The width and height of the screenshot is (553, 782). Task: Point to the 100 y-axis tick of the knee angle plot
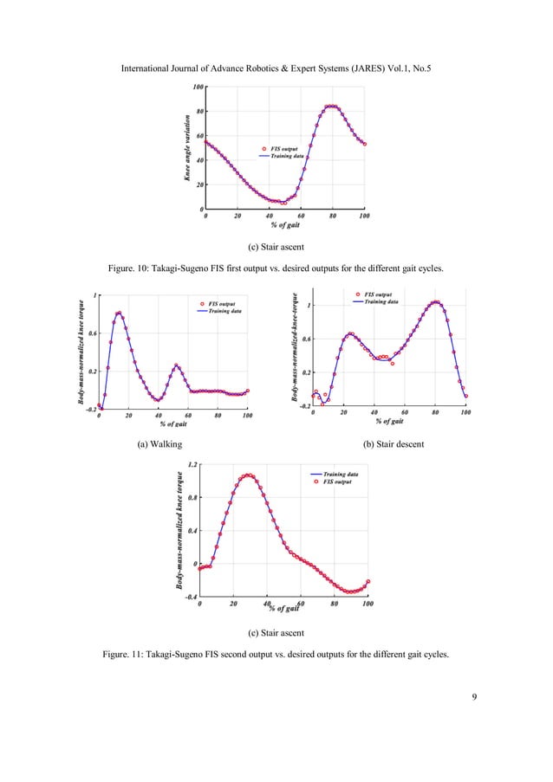coord(198,87)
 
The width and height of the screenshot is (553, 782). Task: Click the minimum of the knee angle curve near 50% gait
coord(283,203)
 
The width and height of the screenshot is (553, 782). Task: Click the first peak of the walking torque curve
coord(118,313)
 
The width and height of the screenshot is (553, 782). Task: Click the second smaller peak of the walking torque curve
coord(176,365)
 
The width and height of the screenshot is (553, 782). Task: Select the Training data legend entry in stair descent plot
coord(381,302)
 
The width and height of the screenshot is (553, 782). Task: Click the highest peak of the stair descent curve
coord(436,302)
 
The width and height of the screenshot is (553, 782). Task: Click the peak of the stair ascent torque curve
coord(249,475)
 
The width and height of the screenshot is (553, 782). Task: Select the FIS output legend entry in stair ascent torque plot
coord(335,482)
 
